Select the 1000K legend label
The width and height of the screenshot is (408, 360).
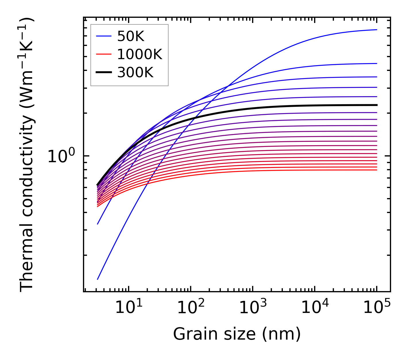[x=140, y=54]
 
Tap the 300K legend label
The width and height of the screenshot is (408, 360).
[x=135, y=73]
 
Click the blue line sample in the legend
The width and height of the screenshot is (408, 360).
[x=104, y=36]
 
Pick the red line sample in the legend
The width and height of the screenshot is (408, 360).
[x=104, y=54]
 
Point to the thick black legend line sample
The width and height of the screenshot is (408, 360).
[x=104, y=73]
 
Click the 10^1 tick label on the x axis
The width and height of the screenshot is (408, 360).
[x=129, y=308]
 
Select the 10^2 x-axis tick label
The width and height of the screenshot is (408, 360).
[x=191, y=308]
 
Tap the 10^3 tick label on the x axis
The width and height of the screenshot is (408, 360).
[x=253, y=308]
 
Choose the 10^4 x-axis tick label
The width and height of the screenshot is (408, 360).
[x=315, y=308]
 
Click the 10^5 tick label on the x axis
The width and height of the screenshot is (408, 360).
[x=377, y=308]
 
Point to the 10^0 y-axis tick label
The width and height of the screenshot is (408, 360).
[x=61, y=156]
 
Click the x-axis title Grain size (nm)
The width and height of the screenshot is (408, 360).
[x=237, y=334]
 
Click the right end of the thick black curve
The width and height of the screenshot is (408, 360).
[x=376, y=105]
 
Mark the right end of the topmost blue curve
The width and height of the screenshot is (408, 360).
[x=376, y=30]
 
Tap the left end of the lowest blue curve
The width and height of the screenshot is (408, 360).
[x=98, y=279]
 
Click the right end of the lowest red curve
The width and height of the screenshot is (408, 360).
[x=376, y=170]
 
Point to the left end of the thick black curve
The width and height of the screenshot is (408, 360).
[x=98, y=185]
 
